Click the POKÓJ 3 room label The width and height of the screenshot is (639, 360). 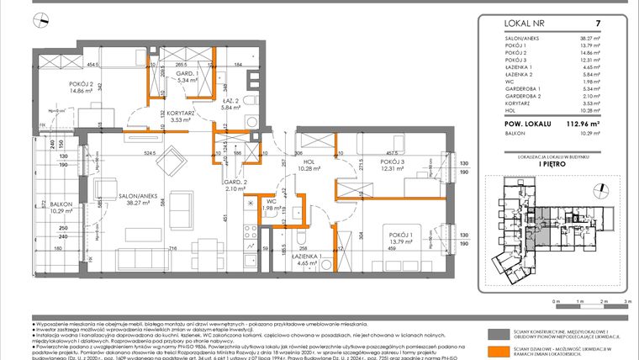[x=396, y=161]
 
